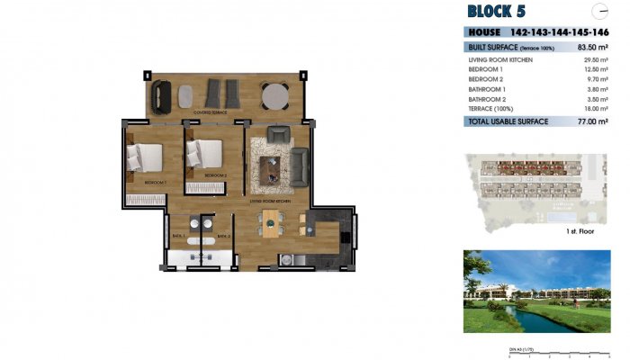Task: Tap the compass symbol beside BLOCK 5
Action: pos(601,11)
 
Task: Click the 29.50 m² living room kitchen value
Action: pos(595,59)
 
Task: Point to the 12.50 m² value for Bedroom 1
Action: pos(595,69)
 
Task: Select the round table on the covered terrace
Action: pos(274,94)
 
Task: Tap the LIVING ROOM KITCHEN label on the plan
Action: pos(269,202)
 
